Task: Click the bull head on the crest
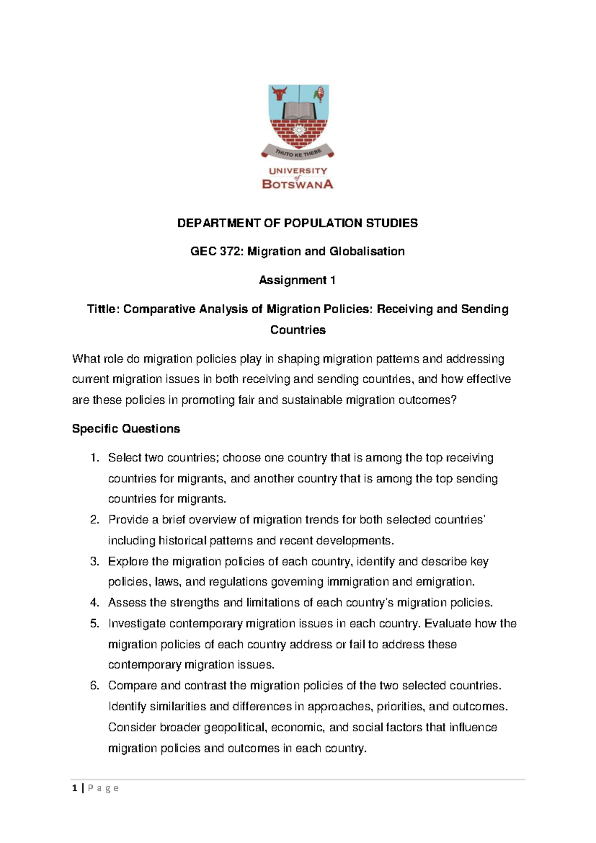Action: click(x=279, y=93)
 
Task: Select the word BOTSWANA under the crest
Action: click(x=298, y=184)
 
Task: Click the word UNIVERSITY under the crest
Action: click(x=298, y=170)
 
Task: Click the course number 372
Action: click(x=230, y=252)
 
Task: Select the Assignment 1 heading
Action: click(x=297, y=280)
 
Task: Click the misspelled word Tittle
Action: click(x=103, y=309)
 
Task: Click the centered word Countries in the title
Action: click(x=298, y=330)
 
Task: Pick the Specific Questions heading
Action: click(x=126, y=429)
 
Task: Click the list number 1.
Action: click(x=94, y=458)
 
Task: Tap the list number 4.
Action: click(x=94, y=603)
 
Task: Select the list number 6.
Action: click(x=94, y=686)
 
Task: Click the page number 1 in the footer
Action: click(x=74, y=788)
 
